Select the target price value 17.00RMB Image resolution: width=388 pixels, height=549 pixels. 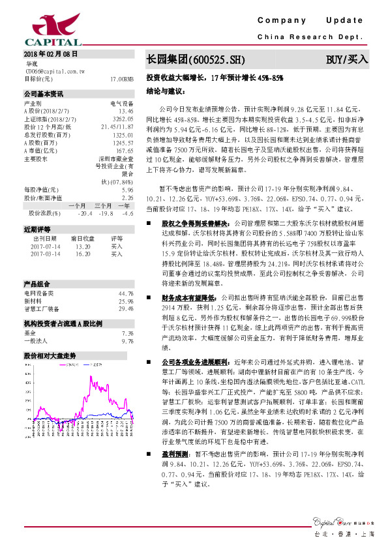(122, 78)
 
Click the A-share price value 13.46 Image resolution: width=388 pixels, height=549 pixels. (126, 111)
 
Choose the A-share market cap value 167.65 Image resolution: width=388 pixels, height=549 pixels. (124, 150)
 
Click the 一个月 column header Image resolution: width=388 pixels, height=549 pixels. (77, 205)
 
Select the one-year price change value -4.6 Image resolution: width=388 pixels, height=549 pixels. (127, 213)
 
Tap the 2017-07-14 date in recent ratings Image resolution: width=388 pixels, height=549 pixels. (44, 246)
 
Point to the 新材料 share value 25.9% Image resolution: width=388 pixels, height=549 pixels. (127, 301)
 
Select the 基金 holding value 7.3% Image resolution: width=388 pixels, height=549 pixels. (127, 333)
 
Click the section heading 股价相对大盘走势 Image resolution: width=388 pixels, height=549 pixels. (50, 356)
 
